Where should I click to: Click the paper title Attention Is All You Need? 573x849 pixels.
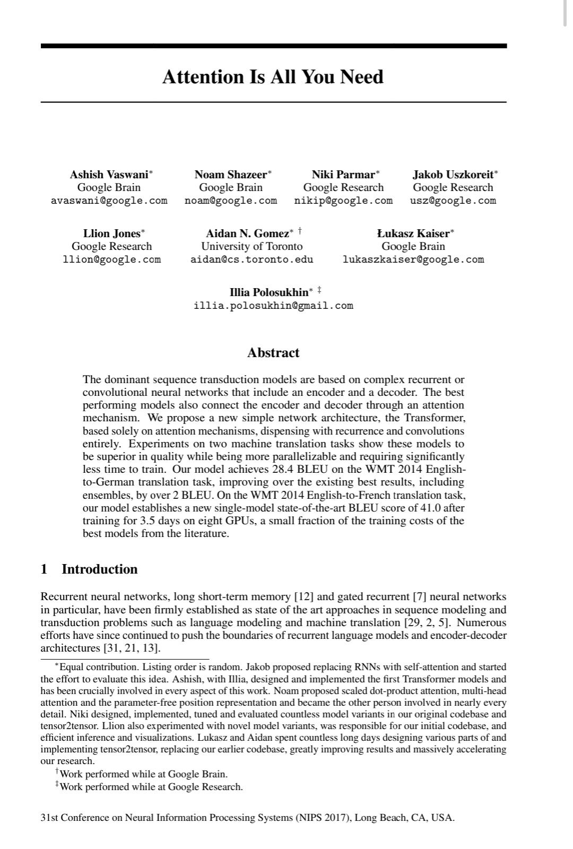tap(273, 77)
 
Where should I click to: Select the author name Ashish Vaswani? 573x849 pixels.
tap(109, 174)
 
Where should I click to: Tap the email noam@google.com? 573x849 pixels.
tap(231, 201)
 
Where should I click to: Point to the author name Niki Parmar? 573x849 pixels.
tap(343, 174)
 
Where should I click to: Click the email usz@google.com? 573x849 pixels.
tap(453, 201)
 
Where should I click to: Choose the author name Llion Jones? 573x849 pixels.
tap(111, 233)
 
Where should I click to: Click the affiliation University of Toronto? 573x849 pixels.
tap(252, 246)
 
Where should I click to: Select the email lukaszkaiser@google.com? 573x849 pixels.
tap(413, 259)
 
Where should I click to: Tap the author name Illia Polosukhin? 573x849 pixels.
tap(268, 292)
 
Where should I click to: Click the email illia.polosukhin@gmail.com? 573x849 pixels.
tap(273, 306)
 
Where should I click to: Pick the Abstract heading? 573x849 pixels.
tap(273, 353)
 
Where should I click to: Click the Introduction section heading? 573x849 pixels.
tap(99, 569)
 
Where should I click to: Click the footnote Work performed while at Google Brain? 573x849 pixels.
tap(143, 774)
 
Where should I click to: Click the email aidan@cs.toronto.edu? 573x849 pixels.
tap(252, 259)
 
